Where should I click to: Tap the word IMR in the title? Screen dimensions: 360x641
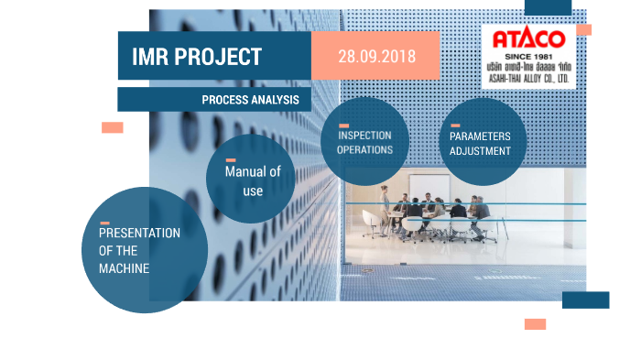pos(151,57)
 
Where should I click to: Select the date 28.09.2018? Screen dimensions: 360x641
pos(376,56)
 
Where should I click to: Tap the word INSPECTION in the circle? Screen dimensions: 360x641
pos(365,136)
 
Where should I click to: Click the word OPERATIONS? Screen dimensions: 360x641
pos(365,149)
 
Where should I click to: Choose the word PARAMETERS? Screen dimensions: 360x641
pos(480,136)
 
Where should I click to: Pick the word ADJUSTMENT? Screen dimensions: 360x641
pos(480,151)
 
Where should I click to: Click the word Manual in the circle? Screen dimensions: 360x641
pos(246,173)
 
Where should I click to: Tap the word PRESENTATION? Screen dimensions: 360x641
pos(139,233)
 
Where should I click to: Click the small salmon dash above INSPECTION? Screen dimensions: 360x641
pos(343,125)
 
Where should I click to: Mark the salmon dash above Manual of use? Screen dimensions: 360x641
pos(231,160)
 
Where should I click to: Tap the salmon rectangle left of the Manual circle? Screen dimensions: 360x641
pos(112,127)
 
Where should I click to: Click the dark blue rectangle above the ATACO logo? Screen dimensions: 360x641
pos(549,7)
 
